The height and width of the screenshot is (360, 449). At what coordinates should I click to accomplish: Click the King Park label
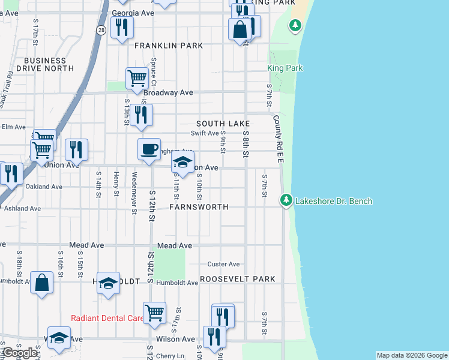(285, 68)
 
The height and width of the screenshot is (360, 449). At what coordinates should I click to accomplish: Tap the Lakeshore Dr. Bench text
(334, 201)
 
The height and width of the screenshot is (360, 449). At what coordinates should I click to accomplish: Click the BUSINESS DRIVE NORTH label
(45, 64)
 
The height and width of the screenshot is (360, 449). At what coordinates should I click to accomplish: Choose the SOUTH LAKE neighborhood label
(227, 123)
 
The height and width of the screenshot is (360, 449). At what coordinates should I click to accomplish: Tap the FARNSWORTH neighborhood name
(199, 207)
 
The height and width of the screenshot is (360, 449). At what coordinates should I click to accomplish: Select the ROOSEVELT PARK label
(238, 279)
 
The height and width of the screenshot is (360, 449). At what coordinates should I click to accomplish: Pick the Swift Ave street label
(205, 133)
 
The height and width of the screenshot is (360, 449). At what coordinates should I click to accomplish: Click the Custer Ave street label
(223, 264)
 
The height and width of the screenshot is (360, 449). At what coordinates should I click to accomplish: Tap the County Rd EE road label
(278, 139)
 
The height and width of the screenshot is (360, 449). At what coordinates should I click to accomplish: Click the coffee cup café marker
(149, 149)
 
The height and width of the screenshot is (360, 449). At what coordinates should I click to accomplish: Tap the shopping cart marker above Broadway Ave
(137, 78)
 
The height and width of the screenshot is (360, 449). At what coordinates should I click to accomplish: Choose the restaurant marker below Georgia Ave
(122, 28)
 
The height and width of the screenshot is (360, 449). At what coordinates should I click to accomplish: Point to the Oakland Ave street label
(44, 187)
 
